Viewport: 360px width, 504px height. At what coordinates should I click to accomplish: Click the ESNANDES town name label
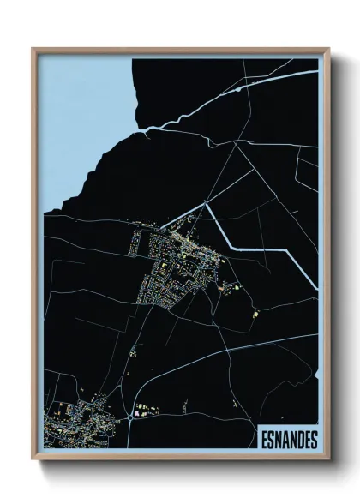287,440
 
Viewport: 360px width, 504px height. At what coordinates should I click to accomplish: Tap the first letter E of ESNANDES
263,440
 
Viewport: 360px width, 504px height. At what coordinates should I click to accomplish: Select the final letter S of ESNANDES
313,440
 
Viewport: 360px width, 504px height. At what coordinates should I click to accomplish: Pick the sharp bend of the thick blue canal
207,203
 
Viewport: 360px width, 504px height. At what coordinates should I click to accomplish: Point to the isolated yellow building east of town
255,316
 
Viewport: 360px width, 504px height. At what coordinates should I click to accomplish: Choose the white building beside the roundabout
135,414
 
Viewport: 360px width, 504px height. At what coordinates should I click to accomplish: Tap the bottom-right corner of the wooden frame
328,460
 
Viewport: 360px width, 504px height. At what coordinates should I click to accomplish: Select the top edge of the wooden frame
180,50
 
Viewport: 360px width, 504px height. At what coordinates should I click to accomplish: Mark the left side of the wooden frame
34,257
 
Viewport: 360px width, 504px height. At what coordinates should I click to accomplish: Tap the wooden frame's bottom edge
180,459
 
